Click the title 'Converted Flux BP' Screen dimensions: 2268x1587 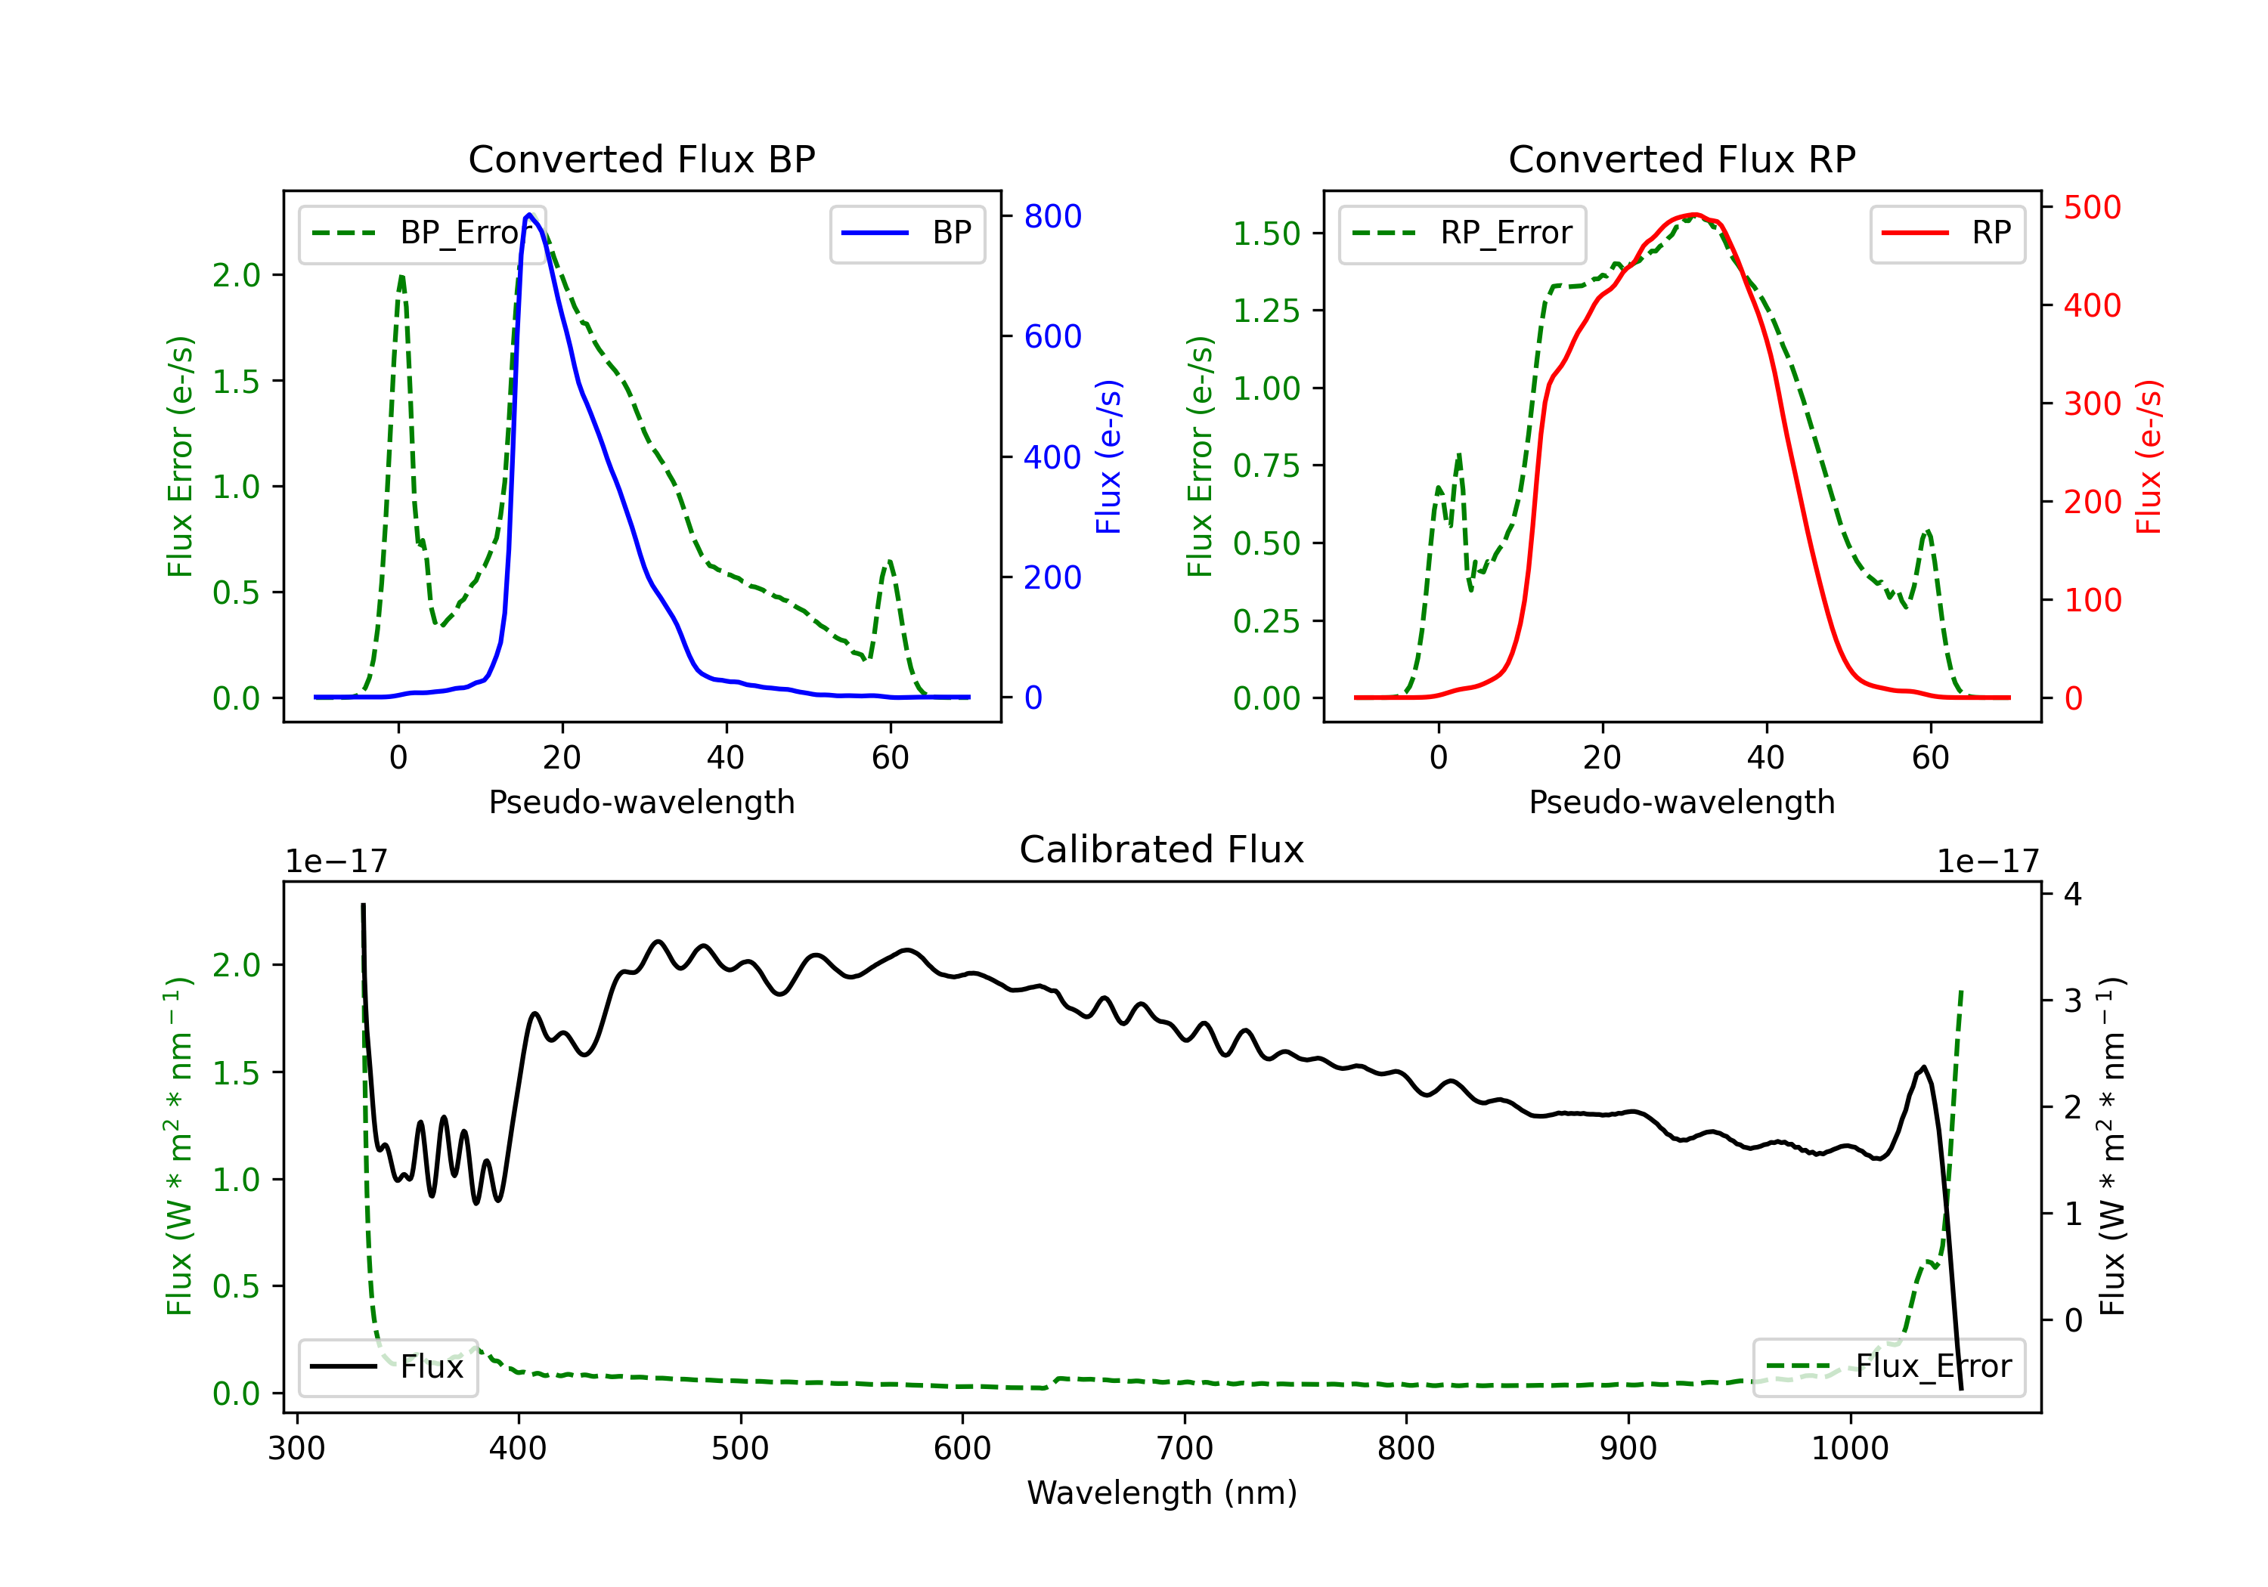pos(641,159)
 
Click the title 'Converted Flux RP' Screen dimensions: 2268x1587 pos(1681,159)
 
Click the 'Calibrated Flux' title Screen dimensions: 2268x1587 pos(1162,849)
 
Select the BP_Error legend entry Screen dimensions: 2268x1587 pos(422,233)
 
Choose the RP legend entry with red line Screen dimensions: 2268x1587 pos(1947,233)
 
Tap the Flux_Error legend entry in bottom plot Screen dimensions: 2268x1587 pos(1888,1367)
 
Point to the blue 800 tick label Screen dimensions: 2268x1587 pos(1052,216)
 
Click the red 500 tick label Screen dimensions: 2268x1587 pos(2092,207)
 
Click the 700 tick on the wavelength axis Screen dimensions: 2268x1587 pos(1185,1449)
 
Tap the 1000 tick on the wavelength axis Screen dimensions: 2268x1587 pos(1850,1449)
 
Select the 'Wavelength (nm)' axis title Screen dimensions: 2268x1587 pos(1162,1493)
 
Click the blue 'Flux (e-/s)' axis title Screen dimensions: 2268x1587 pos(1108,456)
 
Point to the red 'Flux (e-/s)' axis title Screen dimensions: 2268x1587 pos(2149,456)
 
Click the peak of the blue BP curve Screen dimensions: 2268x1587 pos(529,215)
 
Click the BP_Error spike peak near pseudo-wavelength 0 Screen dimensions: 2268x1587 pos(401,277)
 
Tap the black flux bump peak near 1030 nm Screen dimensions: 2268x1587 pos(1923,1068)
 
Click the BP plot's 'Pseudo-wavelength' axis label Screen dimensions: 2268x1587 pos(642,802)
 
